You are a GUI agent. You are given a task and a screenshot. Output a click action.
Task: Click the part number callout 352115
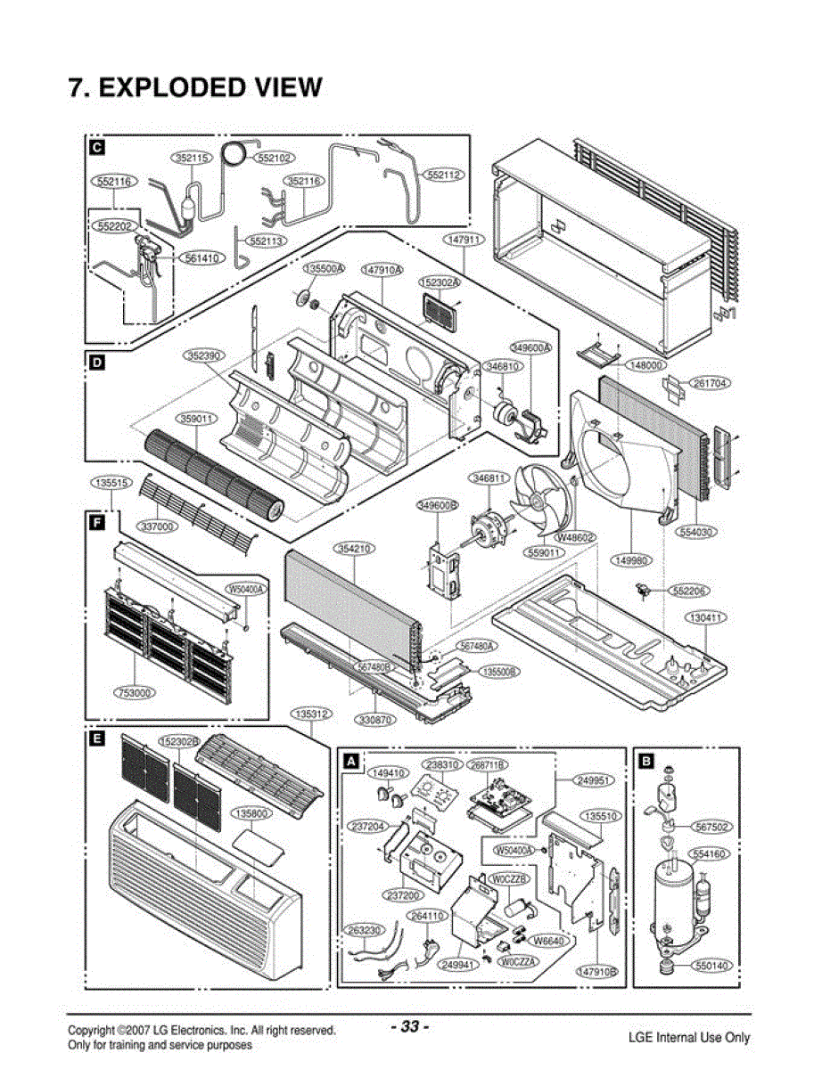tap(192, 158)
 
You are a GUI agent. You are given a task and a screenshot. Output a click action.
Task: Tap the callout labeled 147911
tap(464, 240)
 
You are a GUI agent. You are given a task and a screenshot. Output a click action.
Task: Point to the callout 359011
tap(196, 417)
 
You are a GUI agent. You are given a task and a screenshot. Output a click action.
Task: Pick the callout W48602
tap(576, 538)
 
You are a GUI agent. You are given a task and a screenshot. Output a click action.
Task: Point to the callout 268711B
tap(489, 765)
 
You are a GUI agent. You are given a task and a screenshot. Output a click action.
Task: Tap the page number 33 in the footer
tap(410, 1026)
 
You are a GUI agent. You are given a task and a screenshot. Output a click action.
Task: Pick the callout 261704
tap(711, 383)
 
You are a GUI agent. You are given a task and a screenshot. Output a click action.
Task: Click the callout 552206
tap(691, 591)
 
